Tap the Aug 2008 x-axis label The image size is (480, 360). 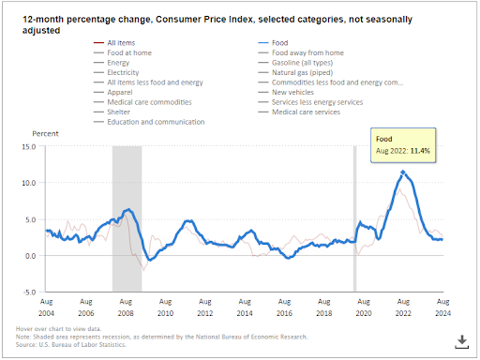126,306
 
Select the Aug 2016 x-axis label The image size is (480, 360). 284,306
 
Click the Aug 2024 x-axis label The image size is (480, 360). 442,306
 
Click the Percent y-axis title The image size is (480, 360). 46,135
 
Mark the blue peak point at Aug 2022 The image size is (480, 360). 403,172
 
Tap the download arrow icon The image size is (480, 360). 462,339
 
